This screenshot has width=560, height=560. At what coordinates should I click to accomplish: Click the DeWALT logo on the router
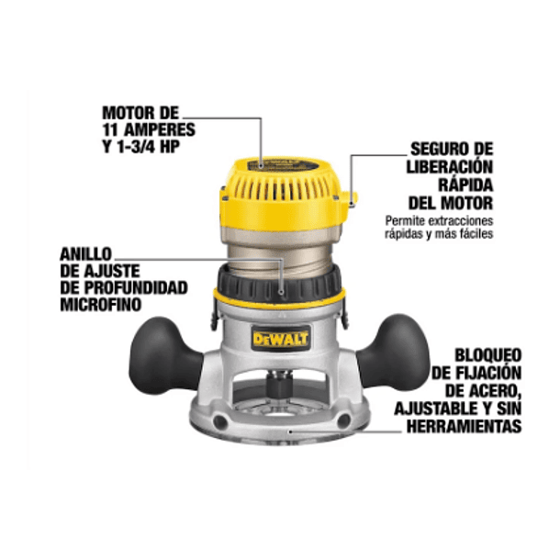(x=281, y=340)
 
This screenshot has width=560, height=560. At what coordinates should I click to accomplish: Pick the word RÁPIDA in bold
(x=465, y=184)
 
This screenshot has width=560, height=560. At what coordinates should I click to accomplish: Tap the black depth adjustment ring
(x=281, y=274)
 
